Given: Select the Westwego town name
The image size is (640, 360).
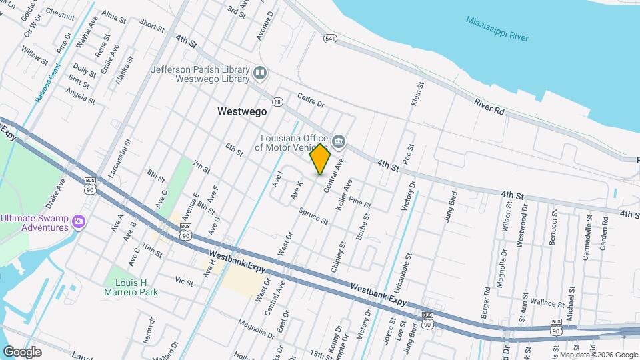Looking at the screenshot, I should [x=242, y=112].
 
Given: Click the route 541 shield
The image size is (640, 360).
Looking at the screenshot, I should [x=330, y=39].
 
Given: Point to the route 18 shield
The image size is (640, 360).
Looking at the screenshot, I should [x=277, y=101].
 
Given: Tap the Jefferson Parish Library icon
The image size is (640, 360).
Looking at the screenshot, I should [x=260, y=72].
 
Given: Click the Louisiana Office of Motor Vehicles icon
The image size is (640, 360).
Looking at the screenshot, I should [x=339, y=141].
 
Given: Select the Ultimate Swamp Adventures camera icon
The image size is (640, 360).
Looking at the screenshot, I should [x=79, y=221].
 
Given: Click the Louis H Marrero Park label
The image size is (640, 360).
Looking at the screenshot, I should [x=132, y=287].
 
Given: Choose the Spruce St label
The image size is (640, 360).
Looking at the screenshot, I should [x=313, y=216].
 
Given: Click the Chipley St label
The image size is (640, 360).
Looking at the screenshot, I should [x=339, y=257].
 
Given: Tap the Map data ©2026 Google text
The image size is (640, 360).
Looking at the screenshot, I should [x=599, y=355].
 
